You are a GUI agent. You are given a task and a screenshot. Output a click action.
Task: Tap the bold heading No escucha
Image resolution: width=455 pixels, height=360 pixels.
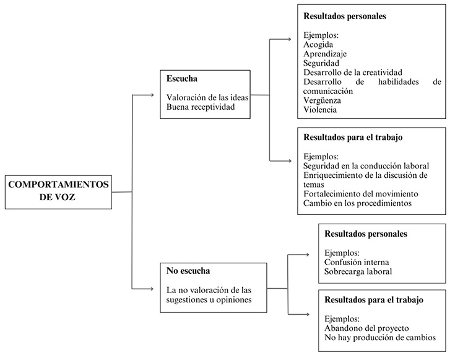188,271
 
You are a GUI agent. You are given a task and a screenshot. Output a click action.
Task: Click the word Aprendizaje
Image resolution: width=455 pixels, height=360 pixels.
326,54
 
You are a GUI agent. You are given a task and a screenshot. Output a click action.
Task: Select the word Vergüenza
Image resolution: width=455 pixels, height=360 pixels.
323,100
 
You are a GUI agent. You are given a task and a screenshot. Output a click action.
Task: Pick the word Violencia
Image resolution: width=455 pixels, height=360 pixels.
321,110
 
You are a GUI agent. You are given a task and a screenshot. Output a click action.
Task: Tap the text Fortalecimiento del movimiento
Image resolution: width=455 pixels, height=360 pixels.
361,193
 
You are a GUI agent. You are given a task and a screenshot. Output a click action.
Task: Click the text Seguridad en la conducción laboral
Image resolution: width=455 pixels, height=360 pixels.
366,165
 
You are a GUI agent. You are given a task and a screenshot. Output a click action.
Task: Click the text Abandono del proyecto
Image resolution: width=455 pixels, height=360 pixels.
363,328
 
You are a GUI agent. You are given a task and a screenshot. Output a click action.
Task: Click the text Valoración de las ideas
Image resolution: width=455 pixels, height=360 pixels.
207,98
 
